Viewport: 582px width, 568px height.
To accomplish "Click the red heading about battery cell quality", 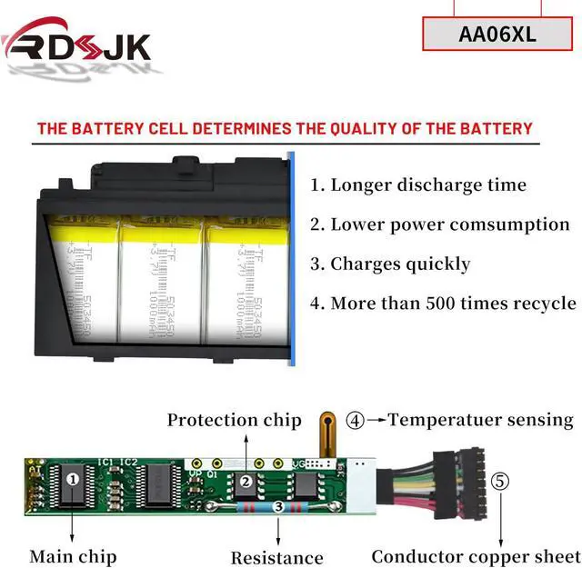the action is (x=285, y=128).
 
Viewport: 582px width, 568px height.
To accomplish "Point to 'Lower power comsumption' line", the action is (x=440, y=224).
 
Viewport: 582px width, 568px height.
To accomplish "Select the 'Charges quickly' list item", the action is (x=390, y=264).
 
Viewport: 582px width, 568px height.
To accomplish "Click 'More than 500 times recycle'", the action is (x=443, y=304).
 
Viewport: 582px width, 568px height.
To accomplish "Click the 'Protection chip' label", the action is (x=234, y=420).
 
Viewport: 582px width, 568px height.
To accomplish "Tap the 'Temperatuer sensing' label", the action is (x=480, y=420).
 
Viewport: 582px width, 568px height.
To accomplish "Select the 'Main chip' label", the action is (x=73, y=555).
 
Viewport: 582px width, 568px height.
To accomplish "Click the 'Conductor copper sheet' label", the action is (x=475, y=556).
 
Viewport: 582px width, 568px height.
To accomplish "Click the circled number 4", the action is (x=356, y=421).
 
